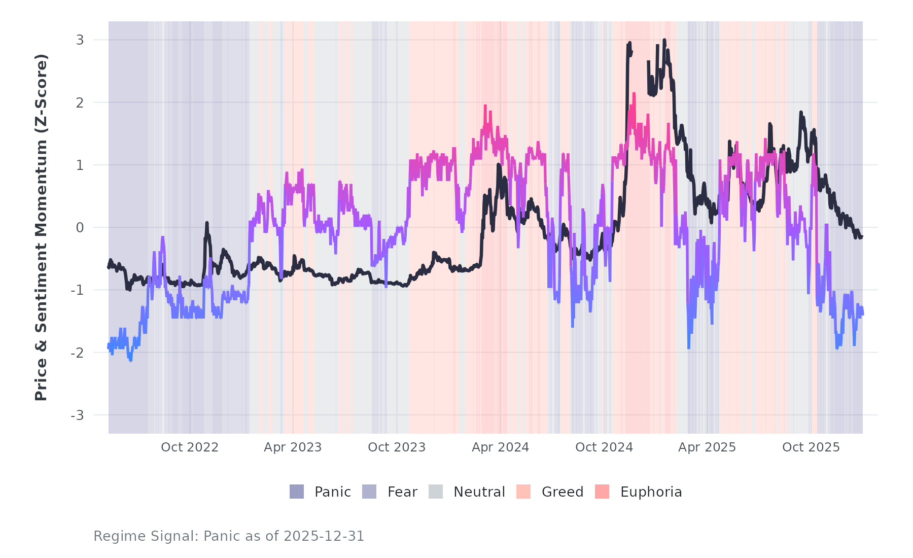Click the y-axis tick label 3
[80, 40]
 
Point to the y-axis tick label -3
[77, 415]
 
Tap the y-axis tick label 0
[80, 228]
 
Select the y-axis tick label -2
[77, 353]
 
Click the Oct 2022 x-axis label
[190, 447]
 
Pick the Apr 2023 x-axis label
[293, 447]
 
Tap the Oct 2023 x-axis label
[397, 447]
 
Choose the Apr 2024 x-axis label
[500, 447]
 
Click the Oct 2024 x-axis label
[604, 447]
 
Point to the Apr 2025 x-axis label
[707, 447]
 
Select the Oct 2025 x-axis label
[811, 447]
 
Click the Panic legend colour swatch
[297, 492]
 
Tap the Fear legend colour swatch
[369, 492]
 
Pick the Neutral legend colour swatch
[436, 492]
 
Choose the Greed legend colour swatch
[523, 492]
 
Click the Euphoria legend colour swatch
[602, 492]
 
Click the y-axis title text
[41, 227]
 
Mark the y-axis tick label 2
[80, 102]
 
